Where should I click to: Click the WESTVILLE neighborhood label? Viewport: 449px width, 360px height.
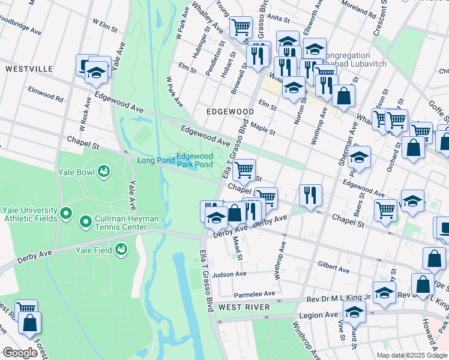pyautogui.click(x=28, y=69)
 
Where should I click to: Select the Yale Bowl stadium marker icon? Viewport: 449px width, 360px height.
pyautogui.click(x=104, y=172)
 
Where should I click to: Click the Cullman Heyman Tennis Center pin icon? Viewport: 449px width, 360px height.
pyautogui.click(x=86, y=223)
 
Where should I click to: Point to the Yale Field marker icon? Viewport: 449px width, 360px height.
pyautogui.click(x=122, y=248)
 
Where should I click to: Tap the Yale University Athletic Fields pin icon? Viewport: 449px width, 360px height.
pyautogui.click(x=66, y=214)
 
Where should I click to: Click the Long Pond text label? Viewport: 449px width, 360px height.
pyautogui.click(x=155, y=160)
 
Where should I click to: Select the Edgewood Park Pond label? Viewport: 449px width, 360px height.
pyautogui.click(x=194, y=160)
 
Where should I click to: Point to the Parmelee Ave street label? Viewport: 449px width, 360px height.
pyautogui.click(x=254, y=294)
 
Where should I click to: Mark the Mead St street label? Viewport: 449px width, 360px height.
pyautogui.click(x=237, y=250)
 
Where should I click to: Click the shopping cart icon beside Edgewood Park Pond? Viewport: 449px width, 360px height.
pyautogui.click(x=244, y=169)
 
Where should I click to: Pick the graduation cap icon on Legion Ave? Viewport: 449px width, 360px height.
pyautogui.click(x=355, y=311)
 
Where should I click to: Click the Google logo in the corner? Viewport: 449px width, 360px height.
pyautogui.click(x=20, y=353)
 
